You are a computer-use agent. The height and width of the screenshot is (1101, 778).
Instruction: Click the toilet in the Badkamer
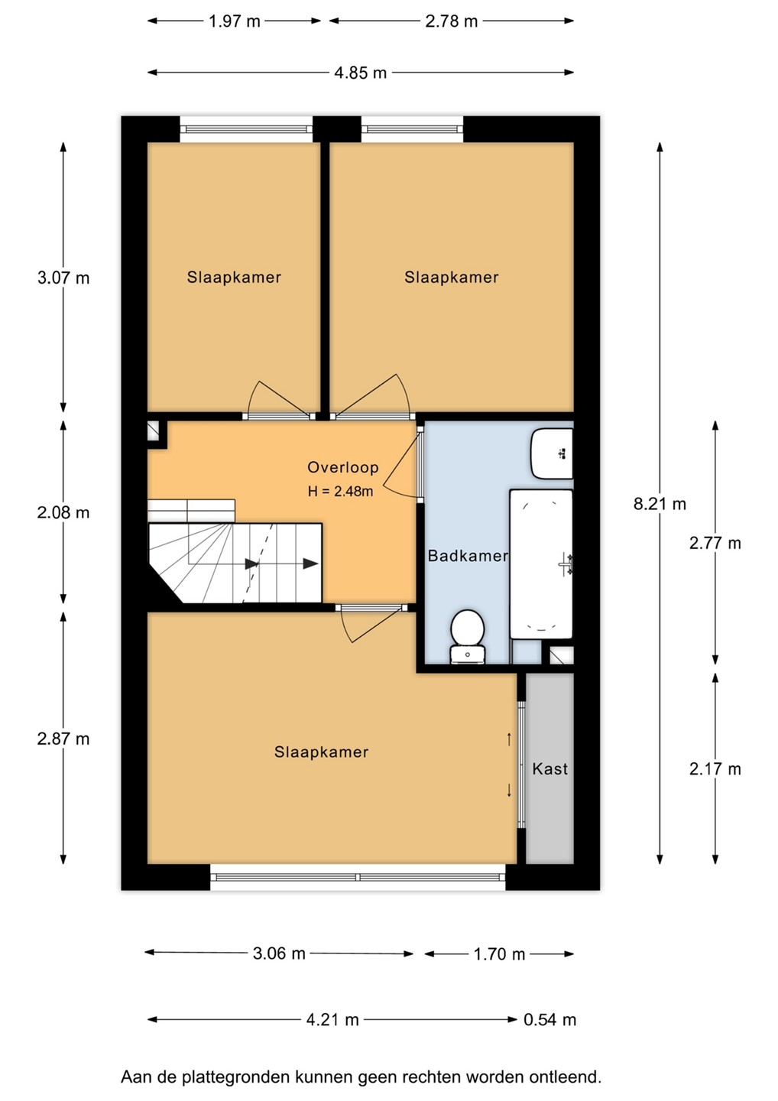[468, 636]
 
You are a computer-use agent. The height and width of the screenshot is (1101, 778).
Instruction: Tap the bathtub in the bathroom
[541, 563]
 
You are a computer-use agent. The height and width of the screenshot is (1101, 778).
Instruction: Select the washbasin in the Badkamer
[552, 453]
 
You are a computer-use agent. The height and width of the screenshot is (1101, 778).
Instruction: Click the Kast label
[549, 768]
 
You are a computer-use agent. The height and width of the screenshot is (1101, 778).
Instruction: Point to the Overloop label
[343, 467]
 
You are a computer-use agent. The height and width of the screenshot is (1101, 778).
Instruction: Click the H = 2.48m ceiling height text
[340, 491]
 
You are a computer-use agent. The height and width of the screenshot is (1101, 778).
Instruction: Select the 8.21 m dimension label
[660, 504]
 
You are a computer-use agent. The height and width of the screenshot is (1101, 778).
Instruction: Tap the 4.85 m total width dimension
[361, 73]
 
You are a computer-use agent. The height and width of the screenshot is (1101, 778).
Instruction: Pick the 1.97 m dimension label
[235, 21]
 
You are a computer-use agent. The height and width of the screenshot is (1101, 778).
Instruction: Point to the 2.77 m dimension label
[715, 543]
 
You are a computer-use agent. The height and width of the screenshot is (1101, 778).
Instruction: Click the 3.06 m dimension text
[279, 953]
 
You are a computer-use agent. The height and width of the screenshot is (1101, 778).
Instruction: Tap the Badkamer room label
[468, 556]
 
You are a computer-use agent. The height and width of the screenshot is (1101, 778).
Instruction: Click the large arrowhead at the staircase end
[310, 563]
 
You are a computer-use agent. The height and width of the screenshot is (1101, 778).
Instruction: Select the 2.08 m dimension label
[63, 512]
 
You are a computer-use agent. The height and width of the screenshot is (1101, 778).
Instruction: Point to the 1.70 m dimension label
[500, 954]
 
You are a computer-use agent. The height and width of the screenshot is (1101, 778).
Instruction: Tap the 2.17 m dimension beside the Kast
[715, 768]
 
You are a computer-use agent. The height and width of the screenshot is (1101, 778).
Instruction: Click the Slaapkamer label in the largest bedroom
[321, 752]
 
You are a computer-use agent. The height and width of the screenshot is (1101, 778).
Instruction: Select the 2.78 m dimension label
[452, 21]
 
